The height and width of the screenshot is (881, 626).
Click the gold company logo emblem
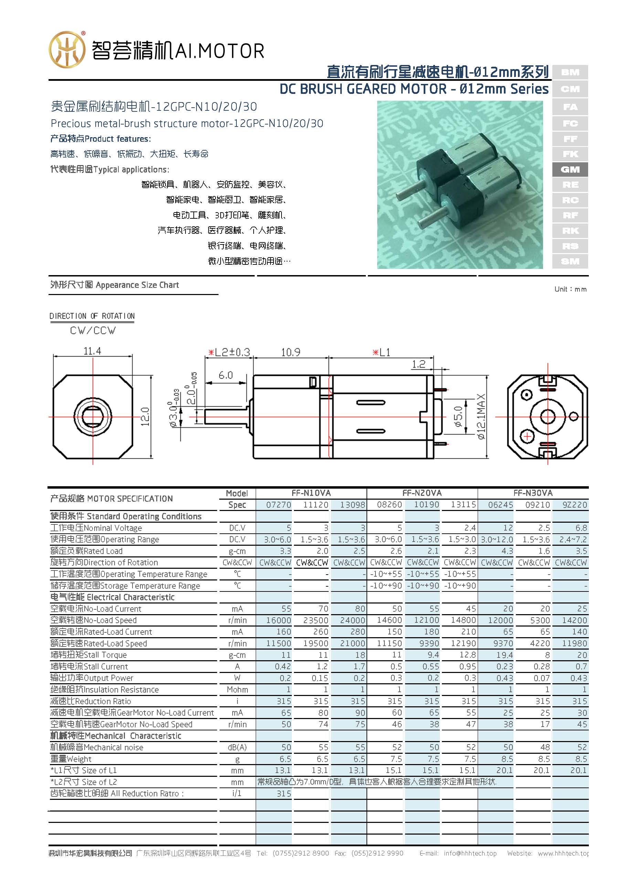coord(67,50)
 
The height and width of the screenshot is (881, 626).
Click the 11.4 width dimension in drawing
coord(92,351)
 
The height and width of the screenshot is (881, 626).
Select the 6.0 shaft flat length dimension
coord(225,375)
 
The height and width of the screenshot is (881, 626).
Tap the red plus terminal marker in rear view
coord(527,437)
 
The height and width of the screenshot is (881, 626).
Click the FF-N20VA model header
coord(422,493)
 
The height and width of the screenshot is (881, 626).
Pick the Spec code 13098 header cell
coord(352,505)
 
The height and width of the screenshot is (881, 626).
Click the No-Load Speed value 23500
coord(315,620)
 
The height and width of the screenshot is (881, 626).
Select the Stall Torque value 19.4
coord(504,655)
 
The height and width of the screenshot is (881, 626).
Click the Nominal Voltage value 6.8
coord(581,528)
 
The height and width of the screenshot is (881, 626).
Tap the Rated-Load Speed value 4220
coord(540,643)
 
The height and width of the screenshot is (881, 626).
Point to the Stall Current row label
coord(89,666)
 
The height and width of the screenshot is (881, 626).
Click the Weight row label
coord(71,759)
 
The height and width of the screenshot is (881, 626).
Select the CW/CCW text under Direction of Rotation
coord(93,330)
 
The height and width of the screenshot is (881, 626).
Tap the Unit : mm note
coord(570,289)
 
